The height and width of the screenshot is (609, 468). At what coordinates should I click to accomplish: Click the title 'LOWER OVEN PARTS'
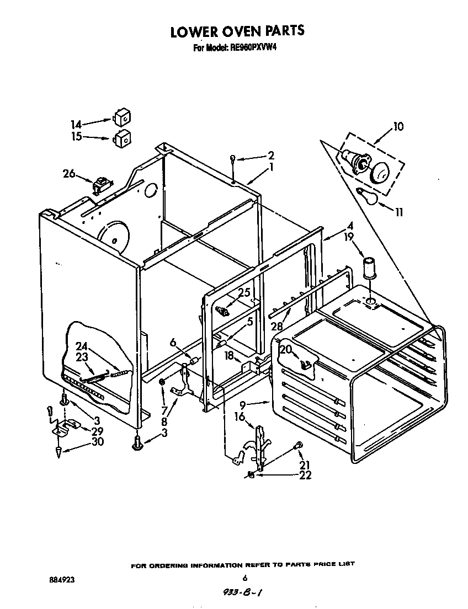tap(237, 31)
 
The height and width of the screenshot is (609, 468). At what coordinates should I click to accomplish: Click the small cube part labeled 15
tap(123, 138)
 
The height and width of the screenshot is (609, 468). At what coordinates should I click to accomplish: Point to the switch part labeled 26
tap(101, 184)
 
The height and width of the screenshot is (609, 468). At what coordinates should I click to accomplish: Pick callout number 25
tap(244, 292)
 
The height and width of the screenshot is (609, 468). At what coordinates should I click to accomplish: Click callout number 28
tap(276, 327)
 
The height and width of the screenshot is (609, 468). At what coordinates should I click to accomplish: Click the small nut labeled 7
tap(162, 382)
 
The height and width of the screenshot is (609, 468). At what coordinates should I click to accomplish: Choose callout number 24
tap(82, 346)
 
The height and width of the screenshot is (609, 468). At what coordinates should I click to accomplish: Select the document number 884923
tap(61, 580)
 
